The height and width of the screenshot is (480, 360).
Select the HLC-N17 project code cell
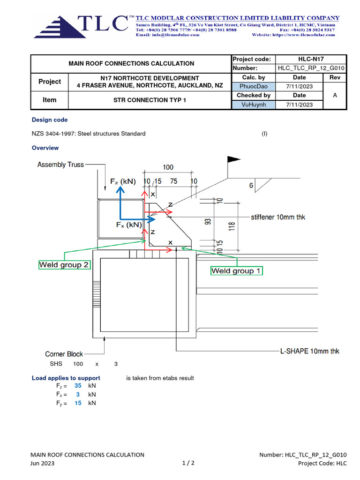point(312,59)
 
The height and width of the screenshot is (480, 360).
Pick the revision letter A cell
point(335,96)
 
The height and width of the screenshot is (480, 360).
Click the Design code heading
point(49,120)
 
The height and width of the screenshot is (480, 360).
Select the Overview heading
point(45,148)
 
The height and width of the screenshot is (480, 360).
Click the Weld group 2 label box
point(64,265)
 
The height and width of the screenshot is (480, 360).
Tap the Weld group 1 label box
point(236,271)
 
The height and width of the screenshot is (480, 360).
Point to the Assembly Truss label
point(60,165)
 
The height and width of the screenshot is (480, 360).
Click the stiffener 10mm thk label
point(278,217)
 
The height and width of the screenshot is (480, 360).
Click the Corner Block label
point(64,354)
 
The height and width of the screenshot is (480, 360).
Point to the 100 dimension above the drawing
point(168,167)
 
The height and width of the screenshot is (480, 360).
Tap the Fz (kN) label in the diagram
point(123,181)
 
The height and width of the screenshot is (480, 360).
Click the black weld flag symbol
point(233,160)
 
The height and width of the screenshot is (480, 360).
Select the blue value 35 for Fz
point(78,385)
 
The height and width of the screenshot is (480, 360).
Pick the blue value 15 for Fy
point(78,403)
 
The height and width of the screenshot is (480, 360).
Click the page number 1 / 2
point(188,463)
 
